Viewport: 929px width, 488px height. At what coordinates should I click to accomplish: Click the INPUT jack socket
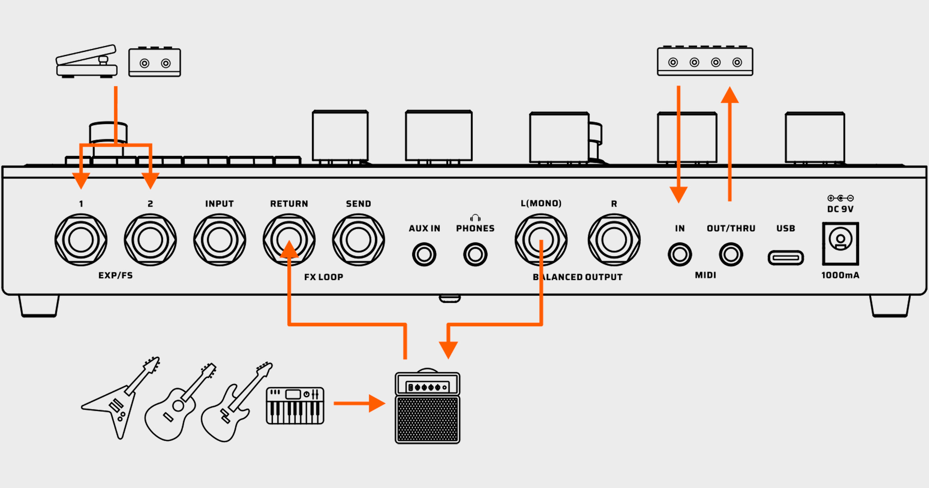click(x=219, y=240)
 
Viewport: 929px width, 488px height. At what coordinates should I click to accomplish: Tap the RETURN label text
click(x=289, y=204)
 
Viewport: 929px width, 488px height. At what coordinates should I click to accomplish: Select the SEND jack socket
click(x=358, y=240)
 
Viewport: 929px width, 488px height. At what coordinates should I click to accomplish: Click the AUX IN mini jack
click(x=424, y=254)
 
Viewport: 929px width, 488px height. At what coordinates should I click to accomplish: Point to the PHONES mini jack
click(x=475, y=254)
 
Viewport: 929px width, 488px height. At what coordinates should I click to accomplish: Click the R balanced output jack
click(x=614, y=240)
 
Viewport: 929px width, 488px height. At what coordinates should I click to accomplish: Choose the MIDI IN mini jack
click(x=679, y=254)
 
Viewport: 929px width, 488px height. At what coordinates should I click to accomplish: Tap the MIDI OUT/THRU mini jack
click(x=730, y=254)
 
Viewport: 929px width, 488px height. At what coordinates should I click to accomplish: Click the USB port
click(x=785, y=258)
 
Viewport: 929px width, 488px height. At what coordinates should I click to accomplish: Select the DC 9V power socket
click(x=840, y=243)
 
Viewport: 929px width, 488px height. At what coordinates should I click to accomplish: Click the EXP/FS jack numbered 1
click(x=81, y=240)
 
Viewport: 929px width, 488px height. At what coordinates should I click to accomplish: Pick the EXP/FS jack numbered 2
click(x=150, y=240)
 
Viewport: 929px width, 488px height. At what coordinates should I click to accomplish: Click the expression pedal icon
click(x=86, y=62)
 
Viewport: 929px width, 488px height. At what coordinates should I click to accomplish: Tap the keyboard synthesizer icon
click(x=295, y=406)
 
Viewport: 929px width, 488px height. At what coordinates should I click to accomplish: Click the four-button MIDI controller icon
click(x=705, y=61)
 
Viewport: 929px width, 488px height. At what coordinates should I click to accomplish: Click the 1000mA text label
click(x=840, y=275)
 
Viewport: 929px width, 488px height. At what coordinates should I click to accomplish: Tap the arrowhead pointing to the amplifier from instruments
click(x=377, y=403)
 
